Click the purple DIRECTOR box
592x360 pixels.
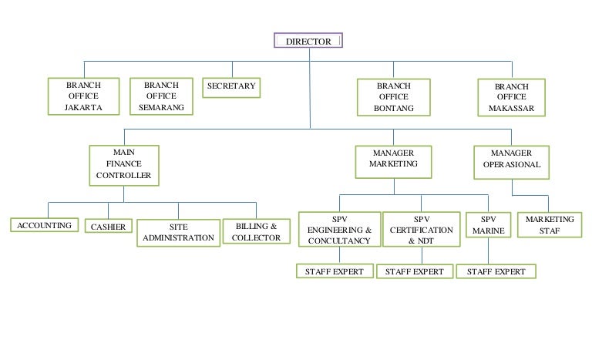pos(308,41)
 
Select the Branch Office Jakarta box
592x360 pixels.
pos(83,96)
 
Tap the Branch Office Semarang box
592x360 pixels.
pos(161,96)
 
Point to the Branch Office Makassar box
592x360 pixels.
pos(512,98)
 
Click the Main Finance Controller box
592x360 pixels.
pos(124,165)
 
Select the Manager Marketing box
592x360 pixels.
pos(393,159)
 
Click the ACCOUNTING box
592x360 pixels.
pos(45,226)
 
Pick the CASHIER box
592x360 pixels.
pos(108,227)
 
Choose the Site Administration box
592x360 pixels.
pos(178,233)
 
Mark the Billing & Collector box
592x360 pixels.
pos(256,232)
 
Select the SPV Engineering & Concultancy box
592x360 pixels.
pos(339,230)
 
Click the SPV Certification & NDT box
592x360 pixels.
pos(421,230)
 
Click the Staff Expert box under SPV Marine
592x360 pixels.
pos(496,271)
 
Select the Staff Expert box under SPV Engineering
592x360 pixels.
pos(335,271)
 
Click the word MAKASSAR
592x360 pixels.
pos(512,109)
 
